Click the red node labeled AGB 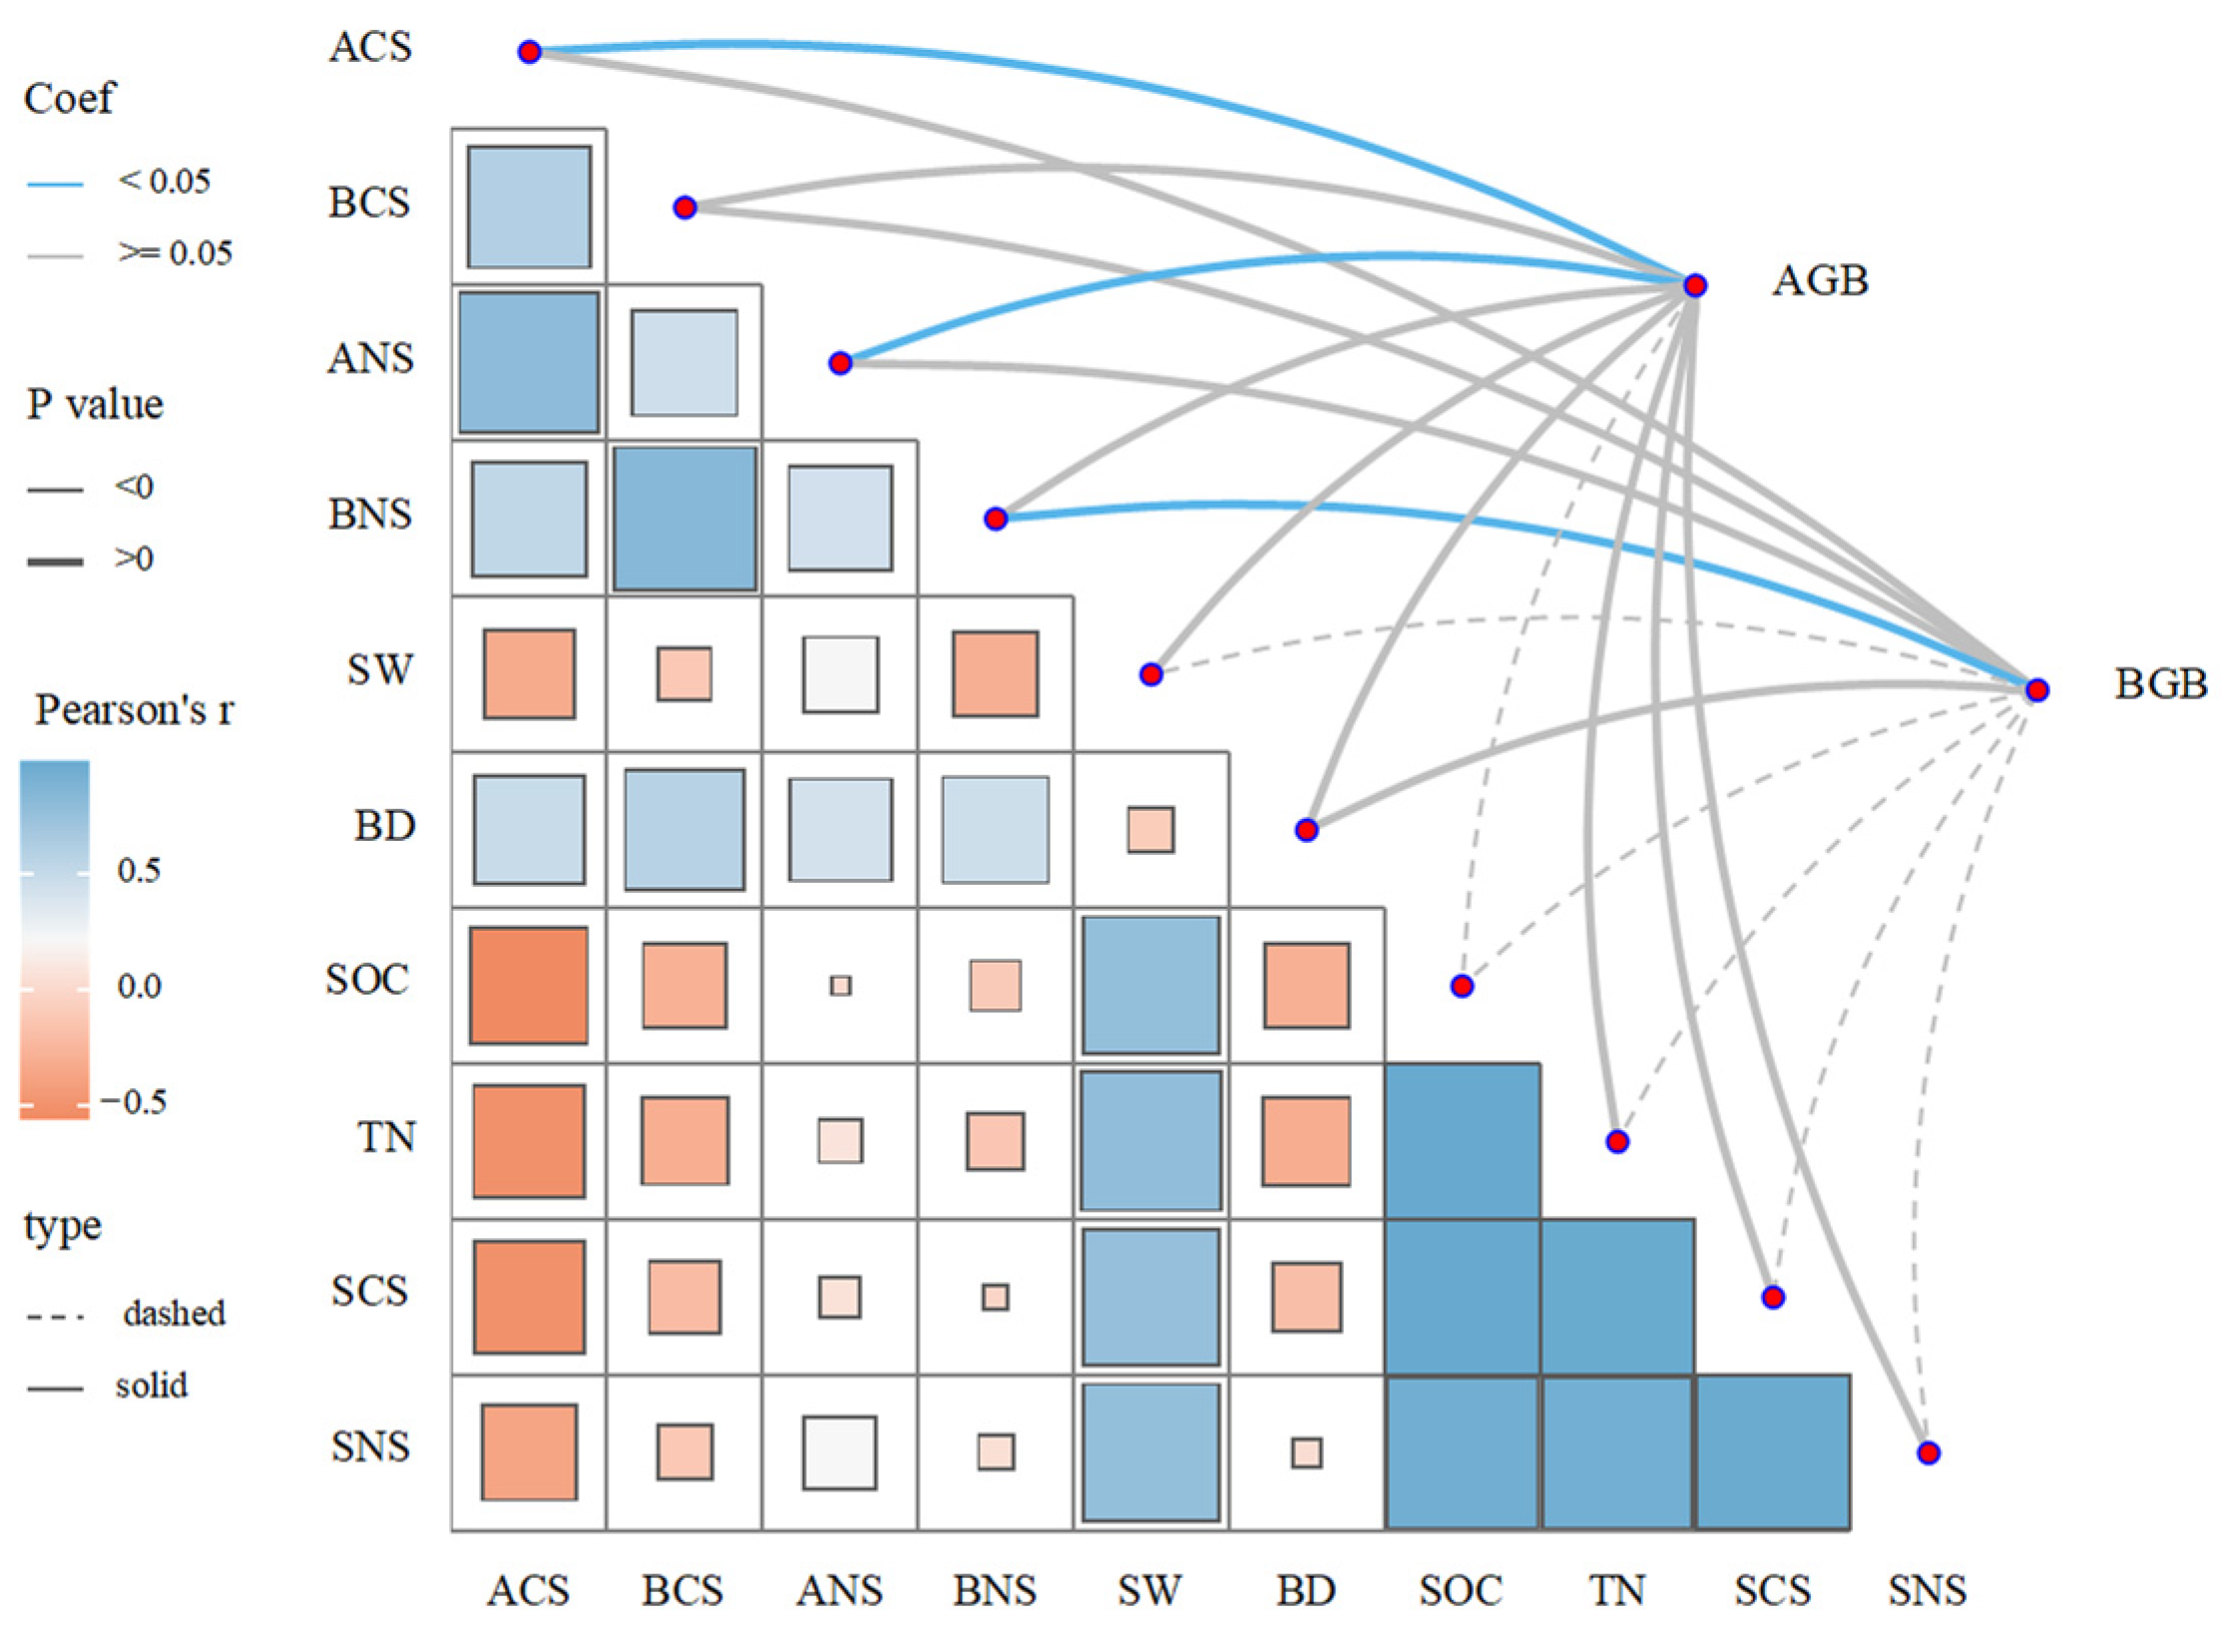pyautogui.click(x=1694, y=285)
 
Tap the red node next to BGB pyautogui.click(x=2036, y=689)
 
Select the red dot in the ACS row pyautogui.click(x=529, y=52)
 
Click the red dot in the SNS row pyautogui.click(x=1928, y=1452)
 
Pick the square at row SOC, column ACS pyautogui.click(x=529, y=986)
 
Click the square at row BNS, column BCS pyautogui.click(x=684, y=519)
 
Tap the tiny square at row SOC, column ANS pyautogui.click(x=840, y=986)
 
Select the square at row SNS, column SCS pyautogui.click(x=1773, y=1452)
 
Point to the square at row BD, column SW pyautogui.click(x=1150, y=830)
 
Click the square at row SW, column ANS pyautogui.click(x=840, y=674)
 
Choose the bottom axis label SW pyautogui.click(x=1149, y=1590)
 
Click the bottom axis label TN pyautogui.click(x=1616, y=1590)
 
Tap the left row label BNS pyautogui.click(x=370, y=515)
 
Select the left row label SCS pyautogui.click(x=370, y=1292)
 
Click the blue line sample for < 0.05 pyautogui.click(x=55, y=185)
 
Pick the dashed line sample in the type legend pyautogui.click(x=55, y=1317)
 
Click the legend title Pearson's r pyautogui.click(x=135, y=710)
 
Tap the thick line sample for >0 pyautogui.click(x=55, y=563)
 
